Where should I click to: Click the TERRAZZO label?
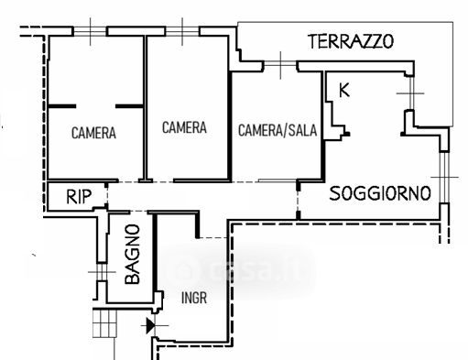[351, 41]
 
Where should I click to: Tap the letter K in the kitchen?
[344, 91]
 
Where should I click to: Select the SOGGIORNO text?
[380, 193]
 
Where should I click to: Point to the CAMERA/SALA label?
[278, 130]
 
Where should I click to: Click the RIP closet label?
[79, 197]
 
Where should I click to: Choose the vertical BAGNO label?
[133, 254]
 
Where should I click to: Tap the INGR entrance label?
[194, 298]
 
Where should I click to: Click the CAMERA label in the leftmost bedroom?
[93, 133]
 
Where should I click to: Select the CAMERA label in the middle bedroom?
[184, 127]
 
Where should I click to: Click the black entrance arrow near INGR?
[150, 325]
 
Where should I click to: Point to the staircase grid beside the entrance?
[104, 323]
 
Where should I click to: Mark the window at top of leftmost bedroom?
[90, 31]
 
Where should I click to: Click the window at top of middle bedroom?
[182, 31]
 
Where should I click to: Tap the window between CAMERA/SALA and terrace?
[280, 65]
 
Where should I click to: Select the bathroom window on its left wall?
[102, 272]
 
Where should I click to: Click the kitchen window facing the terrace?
[411, 93]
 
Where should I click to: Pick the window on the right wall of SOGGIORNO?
[444, 177]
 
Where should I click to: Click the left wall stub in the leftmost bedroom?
[62, 106]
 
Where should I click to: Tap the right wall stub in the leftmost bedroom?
[129, 106]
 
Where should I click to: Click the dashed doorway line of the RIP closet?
[106, 196]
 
